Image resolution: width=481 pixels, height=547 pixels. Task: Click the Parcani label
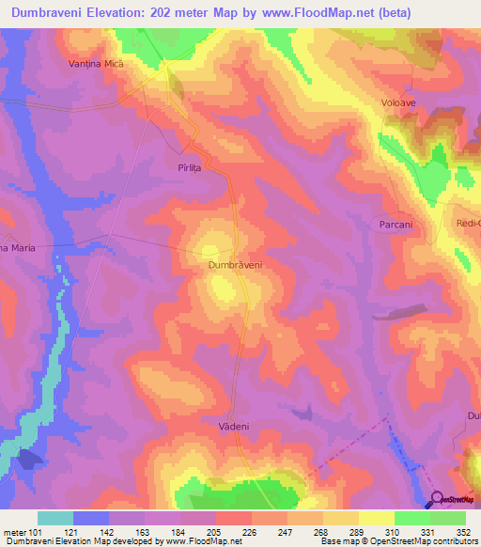point(397,225)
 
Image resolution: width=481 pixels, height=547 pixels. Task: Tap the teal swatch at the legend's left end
point(55,518)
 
